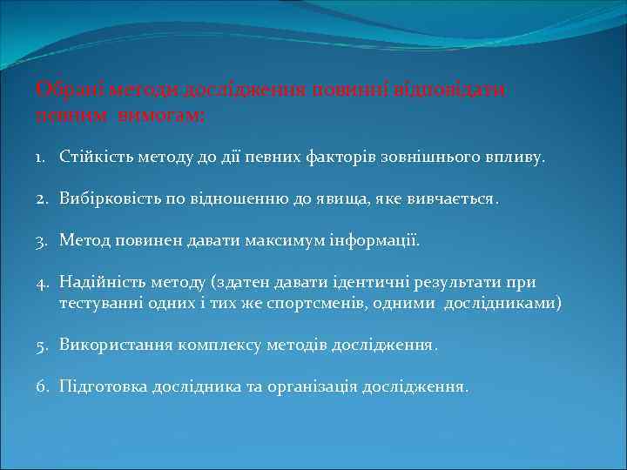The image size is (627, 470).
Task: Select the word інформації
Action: click(x=369, y=239)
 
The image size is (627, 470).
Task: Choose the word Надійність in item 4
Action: click(x=98, y=281)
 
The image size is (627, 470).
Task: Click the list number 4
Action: click(x=43, y=281)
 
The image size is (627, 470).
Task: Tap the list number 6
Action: click(x=43, y=386)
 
